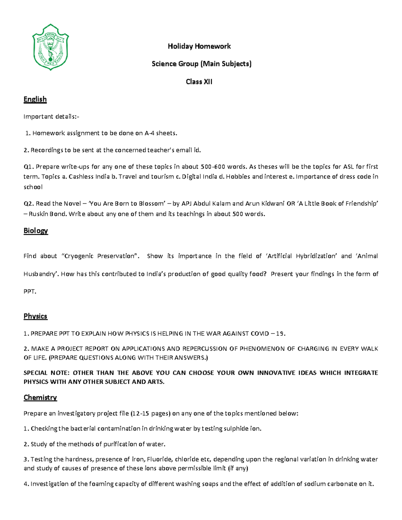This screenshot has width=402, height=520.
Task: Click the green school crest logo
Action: pos(50,47)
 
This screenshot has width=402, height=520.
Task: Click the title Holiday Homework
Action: pos(199,46)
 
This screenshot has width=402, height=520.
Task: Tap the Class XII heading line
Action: pos(199,82)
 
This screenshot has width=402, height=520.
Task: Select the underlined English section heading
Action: pos(35,99)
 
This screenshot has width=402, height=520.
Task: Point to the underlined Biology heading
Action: pos(36,231)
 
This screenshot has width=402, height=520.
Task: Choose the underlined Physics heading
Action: pos(35,316)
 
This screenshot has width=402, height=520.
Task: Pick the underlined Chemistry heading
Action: pos(40,397)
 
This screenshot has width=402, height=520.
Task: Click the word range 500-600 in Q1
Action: pos(212,167)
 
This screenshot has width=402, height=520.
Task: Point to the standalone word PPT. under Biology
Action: pos(29,291)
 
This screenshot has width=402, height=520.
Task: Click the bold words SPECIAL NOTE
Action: pos(46,373)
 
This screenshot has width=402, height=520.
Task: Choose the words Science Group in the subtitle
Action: pos(175,64)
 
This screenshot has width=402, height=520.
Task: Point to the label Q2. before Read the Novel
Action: pos(28,204)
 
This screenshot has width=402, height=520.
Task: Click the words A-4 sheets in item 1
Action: pos(160,133)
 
